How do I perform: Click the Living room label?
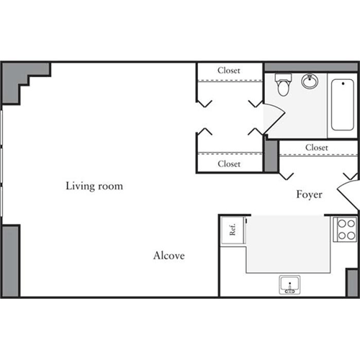94,186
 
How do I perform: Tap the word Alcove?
169,256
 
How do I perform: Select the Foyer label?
309,194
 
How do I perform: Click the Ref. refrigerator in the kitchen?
233,231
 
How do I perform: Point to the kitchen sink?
289,286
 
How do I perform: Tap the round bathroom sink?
311,81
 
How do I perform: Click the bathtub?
341,104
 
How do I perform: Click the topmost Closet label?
229,71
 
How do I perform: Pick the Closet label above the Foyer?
317,148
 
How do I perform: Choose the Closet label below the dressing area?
229,164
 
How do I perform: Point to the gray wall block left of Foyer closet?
271,155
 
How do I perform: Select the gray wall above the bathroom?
310,67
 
